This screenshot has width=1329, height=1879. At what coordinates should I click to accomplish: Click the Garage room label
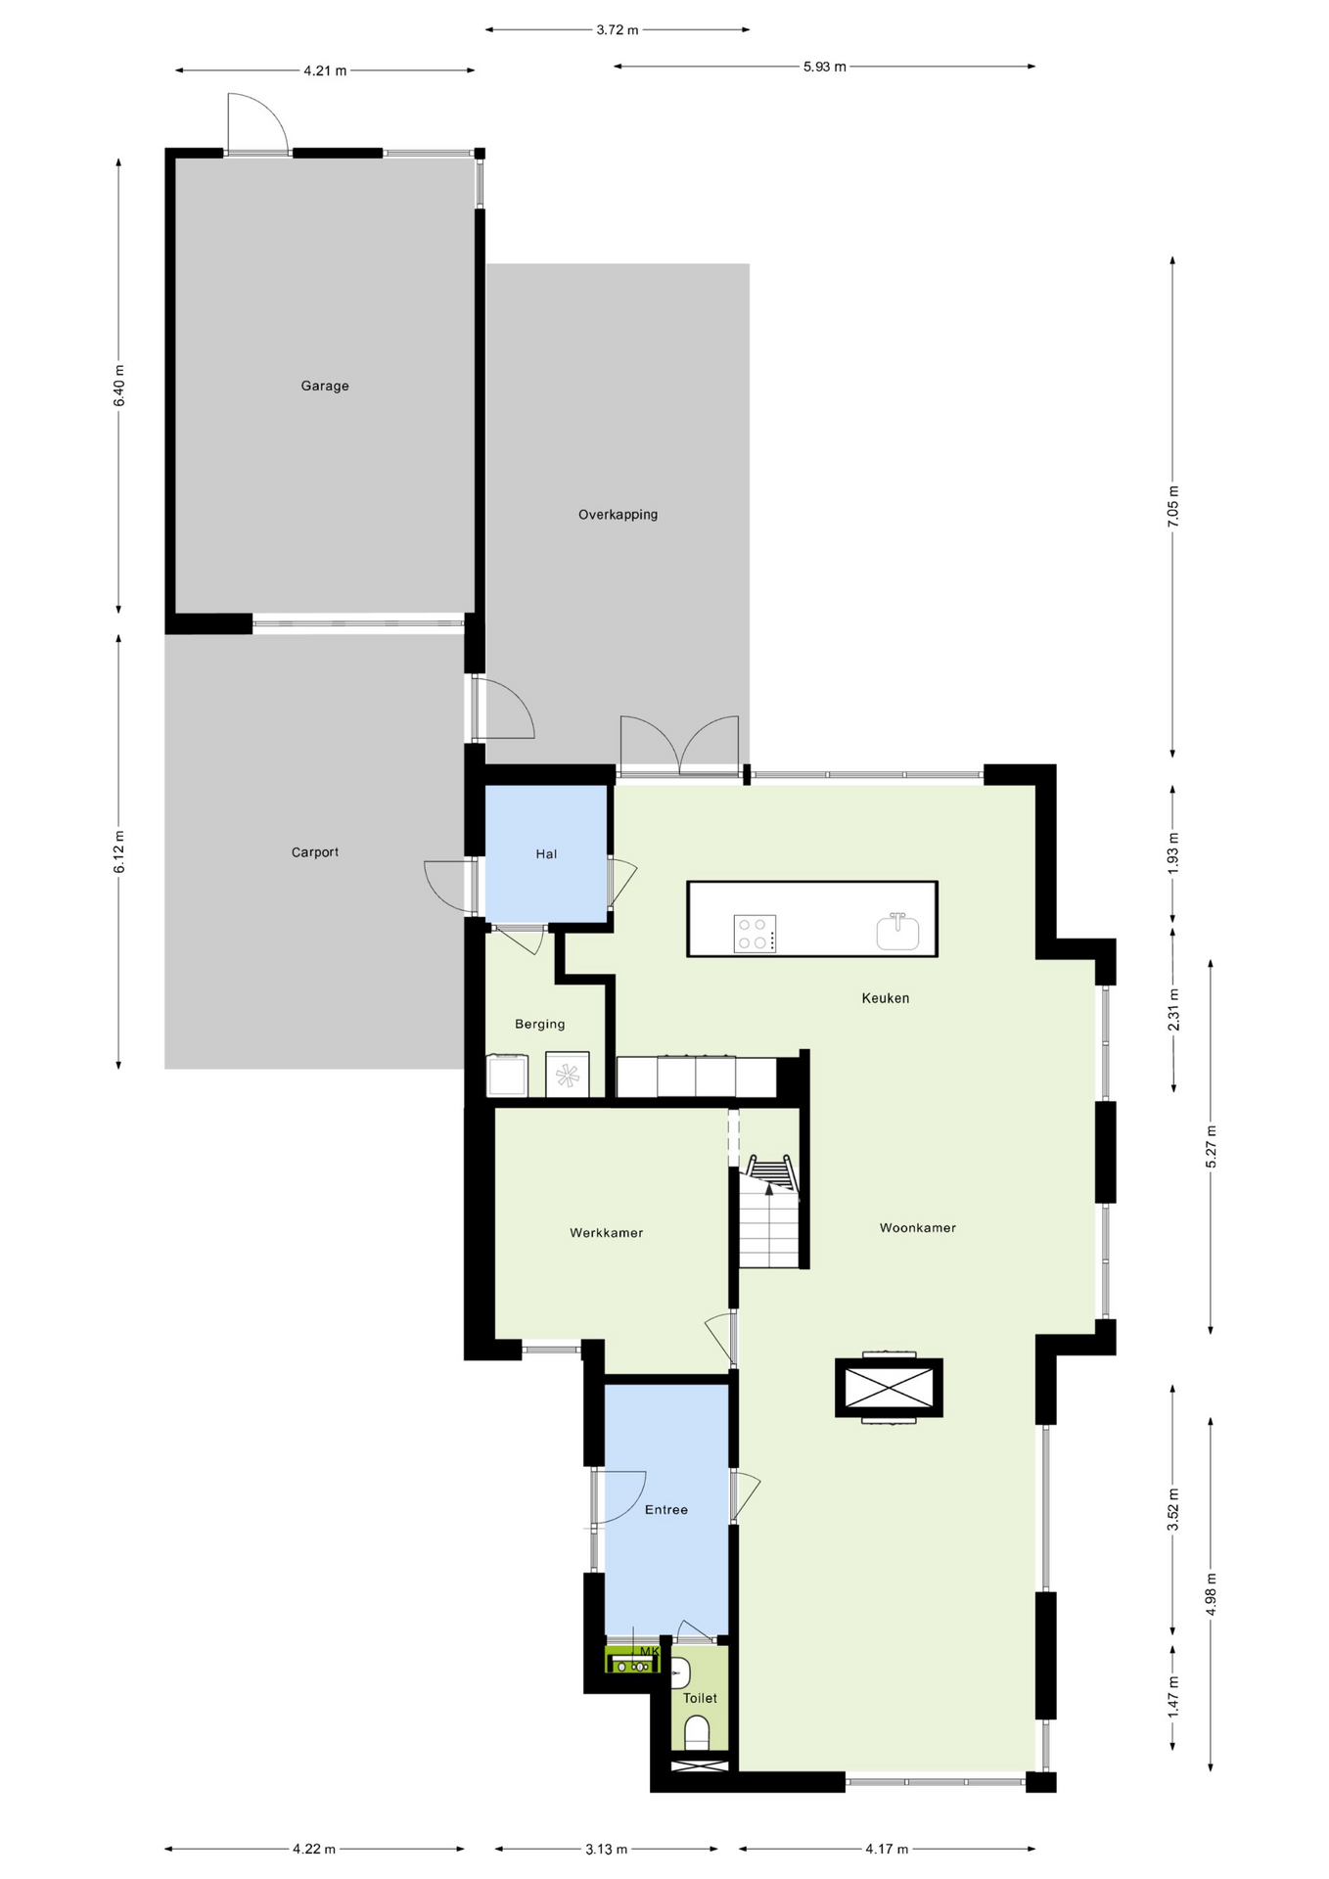[325, 386]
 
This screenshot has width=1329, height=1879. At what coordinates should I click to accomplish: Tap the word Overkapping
[618, 515]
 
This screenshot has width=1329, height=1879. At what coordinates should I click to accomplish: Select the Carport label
[315, 852]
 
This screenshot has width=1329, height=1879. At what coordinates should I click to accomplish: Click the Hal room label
[546, 854]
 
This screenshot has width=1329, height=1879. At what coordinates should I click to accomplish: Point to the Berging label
[540, 1025]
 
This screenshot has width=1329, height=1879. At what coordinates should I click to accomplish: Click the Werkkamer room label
[607, 1233]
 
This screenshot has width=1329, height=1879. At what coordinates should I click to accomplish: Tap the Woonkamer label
[918, 1228]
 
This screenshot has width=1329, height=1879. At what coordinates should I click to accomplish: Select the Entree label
[666, 1510]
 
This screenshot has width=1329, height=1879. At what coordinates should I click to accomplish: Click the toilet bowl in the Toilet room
[697, 1732]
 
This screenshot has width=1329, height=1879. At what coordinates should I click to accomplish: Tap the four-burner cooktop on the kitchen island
[755, 933]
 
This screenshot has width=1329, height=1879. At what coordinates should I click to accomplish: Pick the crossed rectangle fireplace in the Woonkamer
[889, 1388]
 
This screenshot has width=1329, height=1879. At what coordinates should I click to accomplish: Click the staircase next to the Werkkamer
[769, 1214]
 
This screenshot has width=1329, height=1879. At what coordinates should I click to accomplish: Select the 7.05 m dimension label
[1172, 507]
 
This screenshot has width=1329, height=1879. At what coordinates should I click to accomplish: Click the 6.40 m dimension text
[119, 386]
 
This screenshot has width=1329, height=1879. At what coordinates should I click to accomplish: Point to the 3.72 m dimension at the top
[618, 30]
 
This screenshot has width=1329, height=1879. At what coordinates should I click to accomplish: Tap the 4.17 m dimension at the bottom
[887, 1849]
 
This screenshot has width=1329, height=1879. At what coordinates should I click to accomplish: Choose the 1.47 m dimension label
[1172, 1695]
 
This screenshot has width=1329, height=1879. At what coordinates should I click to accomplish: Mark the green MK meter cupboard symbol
[632, 1660]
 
